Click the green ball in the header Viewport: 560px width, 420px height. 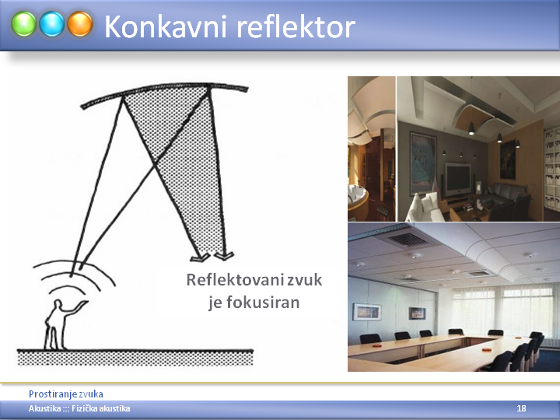click(x=23, y=24)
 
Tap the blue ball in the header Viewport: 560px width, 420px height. click(x=52, y=24)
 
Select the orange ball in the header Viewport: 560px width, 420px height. click(x=80, y=24)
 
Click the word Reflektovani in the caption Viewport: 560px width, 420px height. click(x=235, y=280)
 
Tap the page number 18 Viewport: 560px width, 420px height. click(x=521, y=408)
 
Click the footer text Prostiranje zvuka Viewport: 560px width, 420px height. click(x=65, y=394)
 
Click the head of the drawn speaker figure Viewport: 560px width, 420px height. click(x=58, y=304)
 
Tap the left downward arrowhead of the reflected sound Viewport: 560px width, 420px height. click(x=200, y=257)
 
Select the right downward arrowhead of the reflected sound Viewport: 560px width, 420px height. click(x=224, y=256)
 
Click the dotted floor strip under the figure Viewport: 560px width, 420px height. click(x=135, y=358)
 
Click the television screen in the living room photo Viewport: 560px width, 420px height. click(x=457, y=179)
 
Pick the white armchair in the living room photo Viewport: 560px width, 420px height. click(x=424, y=206)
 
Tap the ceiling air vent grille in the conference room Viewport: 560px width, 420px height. click(x=408, y=239)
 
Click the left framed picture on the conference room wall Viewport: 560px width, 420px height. click(x=367, y=312)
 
